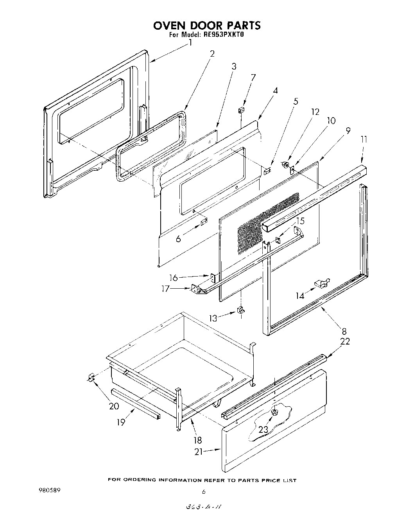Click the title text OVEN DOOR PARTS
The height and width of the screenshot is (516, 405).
(206, 26)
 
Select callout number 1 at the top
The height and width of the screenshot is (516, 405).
(190, 43)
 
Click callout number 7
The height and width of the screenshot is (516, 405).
(253, 77)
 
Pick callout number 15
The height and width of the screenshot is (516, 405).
(299, 221)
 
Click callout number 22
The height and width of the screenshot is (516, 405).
(345, 341)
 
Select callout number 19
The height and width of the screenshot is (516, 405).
(121, 422)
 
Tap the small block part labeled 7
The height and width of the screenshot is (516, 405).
(242, 111)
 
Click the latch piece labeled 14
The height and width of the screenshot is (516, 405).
(322, 283)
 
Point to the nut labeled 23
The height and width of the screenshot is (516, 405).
(274, 412)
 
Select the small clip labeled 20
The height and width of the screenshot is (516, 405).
(91, 378)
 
